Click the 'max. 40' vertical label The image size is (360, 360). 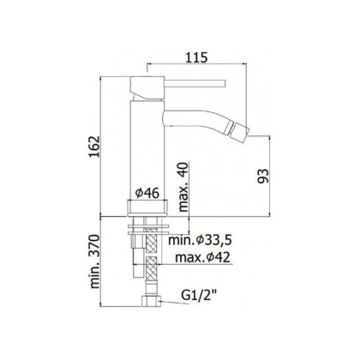(x=183, y=189)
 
